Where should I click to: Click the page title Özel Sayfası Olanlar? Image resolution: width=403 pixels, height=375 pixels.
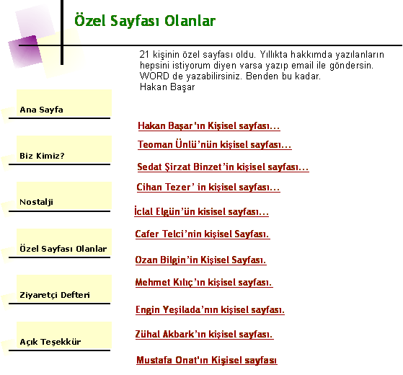coord(145,21)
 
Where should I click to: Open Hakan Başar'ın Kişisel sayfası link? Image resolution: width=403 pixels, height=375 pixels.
coord(209,126)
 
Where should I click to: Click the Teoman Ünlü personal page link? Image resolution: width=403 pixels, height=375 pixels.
coord(215,144)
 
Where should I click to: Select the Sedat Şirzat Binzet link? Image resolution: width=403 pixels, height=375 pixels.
coord(223,167)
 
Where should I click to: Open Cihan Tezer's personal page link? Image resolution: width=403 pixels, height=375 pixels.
coord(208,187)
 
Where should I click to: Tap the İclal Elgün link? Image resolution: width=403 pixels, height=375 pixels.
coord(201,211)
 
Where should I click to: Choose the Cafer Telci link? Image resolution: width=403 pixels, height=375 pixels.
coord(203,234)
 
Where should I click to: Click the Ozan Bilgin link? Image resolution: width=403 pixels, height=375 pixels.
coord(200,260)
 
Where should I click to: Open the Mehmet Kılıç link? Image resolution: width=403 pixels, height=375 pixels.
coord(204,282)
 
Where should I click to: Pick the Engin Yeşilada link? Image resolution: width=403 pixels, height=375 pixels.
coord(210,309)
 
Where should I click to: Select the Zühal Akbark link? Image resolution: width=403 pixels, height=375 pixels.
coord(204,334)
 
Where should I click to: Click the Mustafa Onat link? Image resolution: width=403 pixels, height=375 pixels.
coord(207,360)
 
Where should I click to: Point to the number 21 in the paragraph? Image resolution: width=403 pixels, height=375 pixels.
coord(144,55)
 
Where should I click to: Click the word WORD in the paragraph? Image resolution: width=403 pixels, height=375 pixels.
coord(154,76)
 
